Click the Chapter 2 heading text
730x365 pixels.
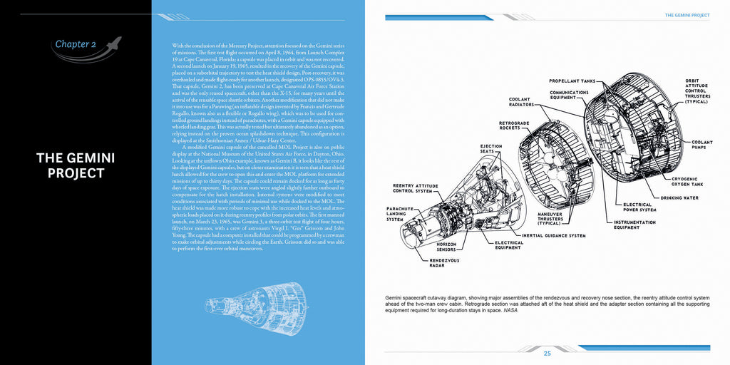pos(75,44)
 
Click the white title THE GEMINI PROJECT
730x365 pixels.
pos(76,165)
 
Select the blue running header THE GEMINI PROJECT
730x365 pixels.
pos(687,14)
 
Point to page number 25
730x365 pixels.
pos(547,354)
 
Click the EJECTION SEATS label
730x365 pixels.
pos(492,149)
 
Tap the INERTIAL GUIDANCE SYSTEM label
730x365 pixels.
pos(553,235)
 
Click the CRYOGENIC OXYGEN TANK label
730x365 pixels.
pos(689,181)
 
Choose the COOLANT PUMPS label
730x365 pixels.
pos(701,145)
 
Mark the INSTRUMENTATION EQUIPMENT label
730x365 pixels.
pos(635,225)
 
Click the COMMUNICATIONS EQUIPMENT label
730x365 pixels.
pos(569,96)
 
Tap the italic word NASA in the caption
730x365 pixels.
pos(510,311)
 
